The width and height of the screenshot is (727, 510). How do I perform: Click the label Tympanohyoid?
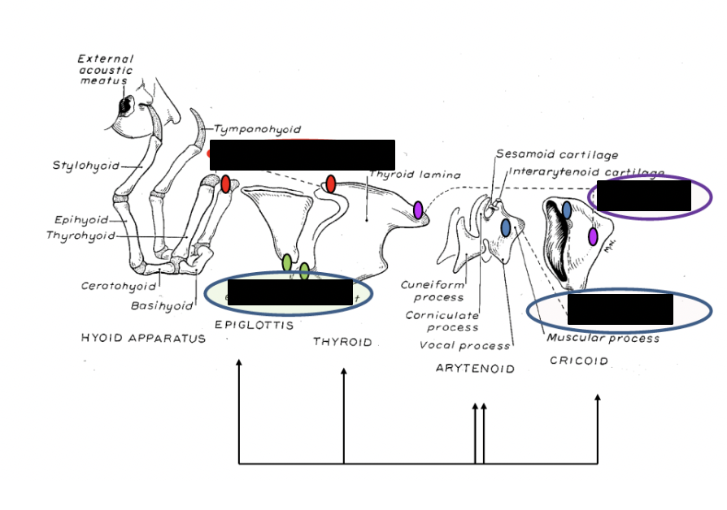(258, 129)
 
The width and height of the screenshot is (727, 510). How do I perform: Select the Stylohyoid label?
(85, 166)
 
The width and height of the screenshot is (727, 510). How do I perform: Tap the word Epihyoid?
(81, 219)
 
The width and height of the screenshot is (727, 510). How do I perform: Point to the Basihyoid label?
(162, 306)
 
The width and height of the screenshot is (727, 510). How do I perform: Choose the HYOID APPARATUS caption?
(143, 338)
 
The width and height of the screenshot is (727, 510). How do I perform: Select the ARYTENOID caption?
(475, 368)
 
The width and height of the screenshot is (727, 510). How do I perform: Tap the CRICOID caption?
(578, 361)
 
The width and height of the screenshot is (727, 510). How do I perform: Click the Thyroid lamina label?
(415, 175)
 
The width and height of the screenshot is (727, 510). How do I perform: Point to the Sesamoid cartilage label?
(556, 154)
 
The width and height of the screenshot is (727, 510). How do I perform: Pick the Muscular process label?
(603, 338)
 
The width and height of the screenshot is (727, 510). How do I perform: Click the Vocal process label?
(464, 346)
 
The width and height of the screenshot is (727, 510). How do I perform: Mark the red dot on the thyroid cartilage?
(331, 184)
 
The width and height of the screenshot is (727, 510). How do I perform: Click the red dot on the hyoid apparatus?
(226, 184)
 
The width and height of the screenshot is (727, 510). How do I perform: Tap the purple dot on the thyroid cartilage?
(418, 210)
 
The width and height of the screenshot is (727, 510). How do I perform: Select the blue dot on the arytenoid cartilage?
(506, 227)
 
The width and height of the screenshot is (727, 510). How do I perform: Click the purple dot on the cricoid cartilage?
(593, 236)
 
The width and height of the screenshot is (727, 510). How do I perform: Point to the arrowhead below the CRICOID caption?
(598, 398)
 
